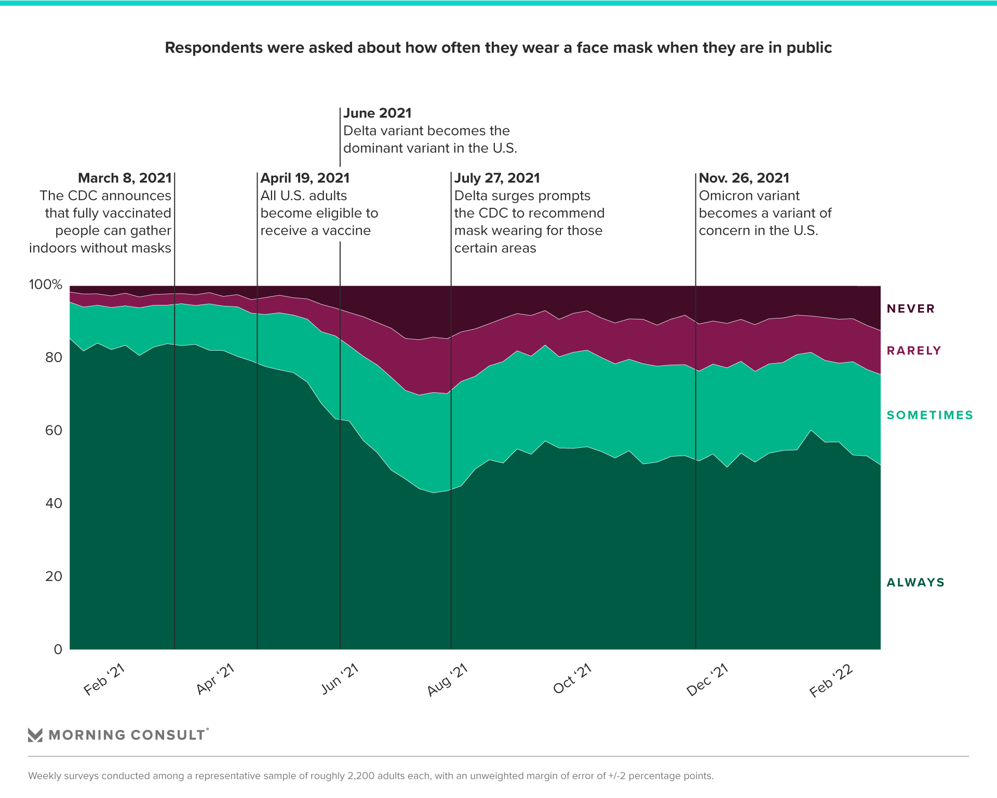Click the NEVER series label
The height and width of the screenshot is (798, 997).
(x=910, y=309)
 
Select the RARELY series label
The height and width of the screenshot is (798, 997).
(x=913, y=351)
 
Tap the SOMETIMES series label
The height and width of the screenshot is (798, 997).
(x=929, y=415)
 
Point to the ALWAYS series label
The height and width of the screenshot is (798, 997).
(x=915, y=582)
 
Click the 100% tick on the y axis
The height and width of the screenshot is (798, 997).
(x=46, y=284)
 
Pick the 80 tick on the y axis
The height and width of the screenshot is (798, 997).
(x=53, y=357)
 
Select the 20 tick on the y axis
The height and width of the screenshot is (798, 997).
(x=53, y=576)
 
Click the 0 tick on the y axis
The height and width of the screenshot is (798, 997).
(x=58, y=649)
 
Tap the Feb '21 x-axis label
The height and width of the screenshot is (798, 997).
(x=104, y=680)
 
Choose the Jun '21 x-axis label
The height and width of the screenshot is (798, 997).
(x=340, y=679)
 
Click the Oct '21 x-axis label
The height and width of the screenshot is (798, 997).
(x=573, y=679)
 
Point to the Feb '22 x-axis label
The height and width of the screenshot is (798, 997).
(x=831, y=681)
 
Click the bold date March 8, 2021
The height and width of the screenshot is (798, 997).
(x=125, y=178)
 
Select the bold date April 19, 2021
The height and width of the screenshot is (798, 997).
(x=305, y=178)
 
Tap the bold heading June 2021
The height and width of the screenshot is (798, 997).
(x=378, y=113)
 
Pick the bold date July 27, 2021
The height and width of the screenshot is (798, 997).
(x=497, y=178)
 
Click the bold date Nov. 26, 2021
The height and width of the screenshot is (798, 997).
(x=744, y=178)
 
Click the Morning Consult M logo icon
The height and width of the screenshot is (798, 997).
(x=35, y=735)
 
